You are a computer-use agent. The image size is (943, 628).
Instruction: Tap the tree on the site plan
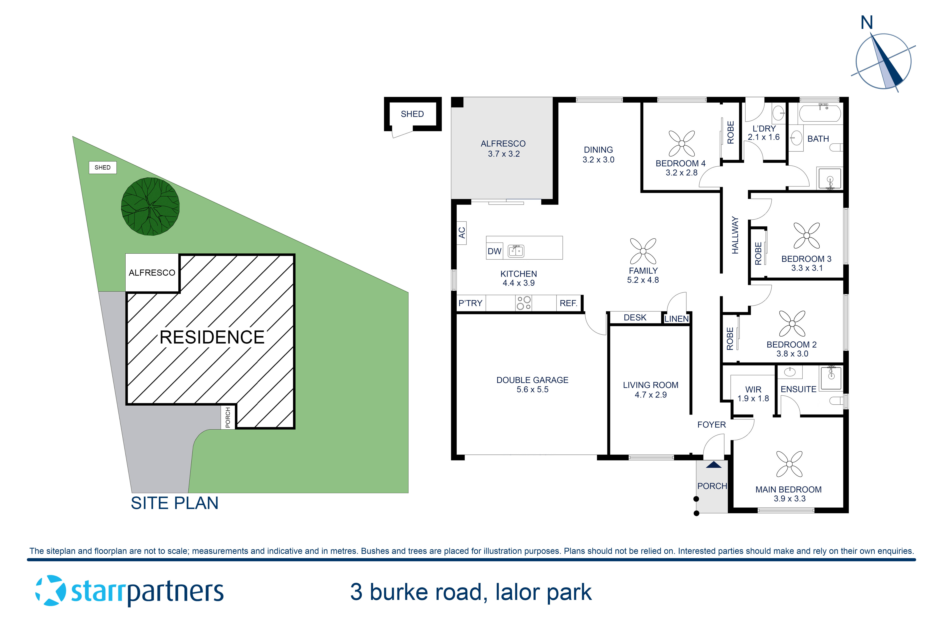click(x=150, y=207)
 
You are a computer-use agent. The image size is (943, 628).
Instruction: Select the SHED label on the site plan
click(x=103, y=167)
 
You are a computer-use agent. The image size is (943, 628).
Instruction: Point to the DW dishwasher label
click(x=494, y=251)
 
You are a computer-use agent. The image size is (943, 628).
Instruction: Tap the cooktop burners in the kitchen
click(x=524, y=303)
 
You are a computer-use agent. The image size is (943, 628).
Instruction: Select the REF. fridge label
click(x=568, y=303)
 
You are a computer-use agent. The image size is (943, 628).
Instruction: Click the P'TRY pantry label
click(x=470, y=303)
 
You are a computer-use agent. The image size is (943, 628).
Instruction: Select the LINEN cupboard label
click(x=676, y=319)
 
